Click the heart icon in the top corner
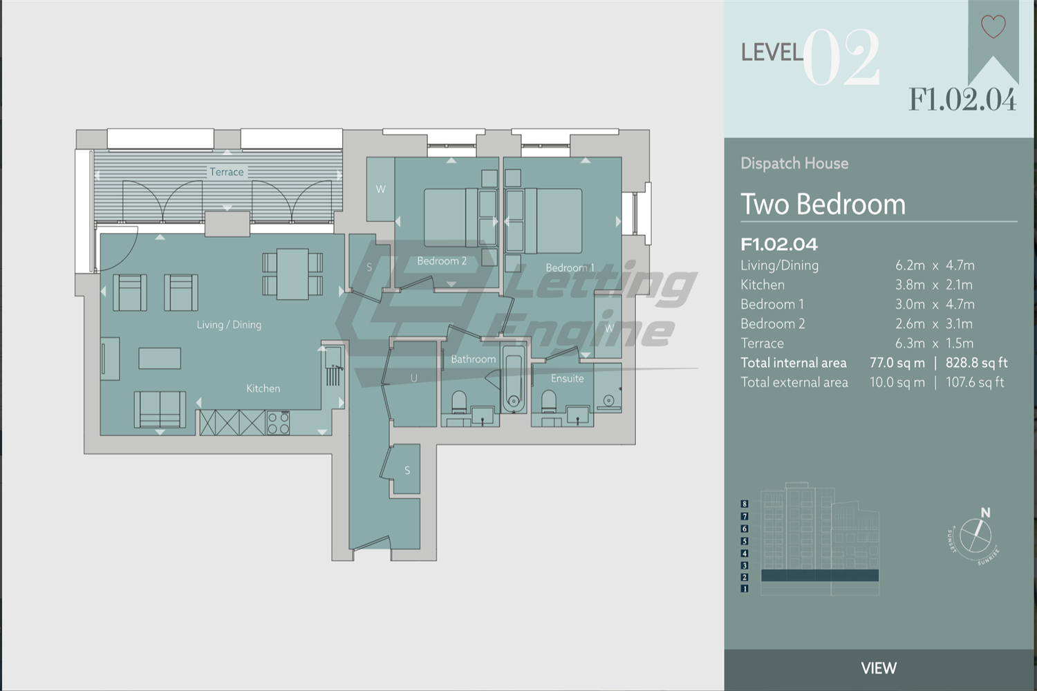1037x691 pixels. pyautogui.click(x=993, y=26)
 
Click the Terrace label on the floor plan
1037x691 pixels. pyautogui.click(x=227, y=172)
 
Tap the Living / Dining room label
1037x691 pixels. pyautogui.click(x=229, y=325)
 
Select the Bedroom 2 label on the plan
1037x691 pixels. pyautogui.click(x=442, y=261)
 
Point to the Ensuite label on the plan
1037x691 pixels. pyautogui.click(x=567, y=379)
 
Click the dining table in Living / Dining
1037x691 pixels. pyautogui.click(x=292, y=274)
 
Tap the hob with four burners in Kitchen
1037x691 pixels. pyautogui.click(x=278, y=423)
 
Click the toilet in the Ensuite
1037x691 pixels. pyautogui.click(x=549, y=401)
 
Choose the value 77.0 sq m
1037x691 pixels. pyautogui.click(x=897, y=363)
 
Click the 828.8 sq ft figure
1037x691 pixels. pyautogui.click(x=976, y=363)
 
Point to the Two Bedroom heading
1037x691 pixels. pyautogui.click(x=823, y=205)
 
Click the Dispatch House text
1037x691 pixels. pyautogui.click(x=794, y=164)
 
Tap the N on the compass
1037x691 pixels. pyautogui.click(x=985, y=513)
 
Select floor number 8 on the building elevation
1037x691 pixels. pyautogui.click(x=745, y=504)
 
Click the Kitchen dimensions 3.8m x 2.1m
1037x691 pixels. pyautogui.click(x=935, y=285)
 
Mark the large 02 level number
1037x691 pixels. pyautogui.click(x=841, y=58)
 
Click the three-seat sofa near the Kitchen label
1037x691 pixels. pyautogui.click(x=160, y=409)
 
